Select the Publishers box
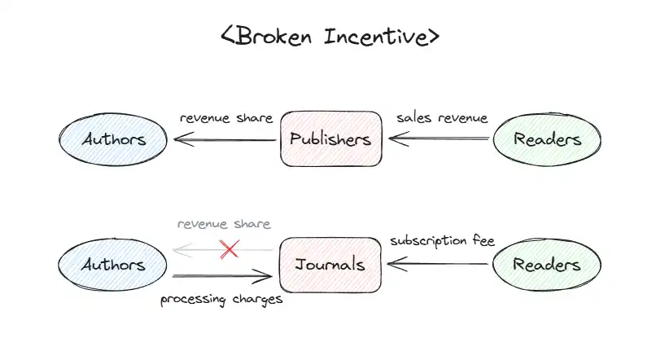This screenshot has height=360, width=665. [x=330, y=138]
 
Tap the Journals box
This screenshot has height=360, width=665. [x=330, y=264]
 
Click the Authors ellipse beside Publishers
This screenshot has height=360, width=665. [x=113, y=138]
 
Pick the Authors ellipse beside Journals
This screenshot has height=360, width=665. [x=113, y=264]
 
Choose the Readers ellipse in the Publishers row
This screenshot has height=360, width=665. [x=547, y=138]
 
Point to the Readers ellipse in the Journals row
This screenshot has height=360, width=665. [x=547, y=264]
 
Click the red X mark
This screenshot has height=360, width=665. [x=230, y=248]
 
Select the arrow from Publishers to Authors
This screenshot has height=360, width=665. [x=224, y=140]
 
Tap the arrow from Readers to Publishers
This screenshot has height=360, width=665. [x=440, y=139]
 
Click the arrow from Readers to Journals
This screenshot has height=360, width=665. [x=440, y=263]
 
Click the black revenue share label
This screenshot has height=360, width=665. [x=225, y=118]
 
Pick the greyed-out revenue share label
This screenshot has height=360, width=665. [x=223, y=224]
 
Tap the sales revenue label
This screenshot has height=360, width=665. [x=442, y=118]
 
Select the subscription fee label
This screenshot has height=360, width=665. [x=442, y=241]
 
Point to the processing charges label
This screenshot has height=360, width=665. [x=221, y=299]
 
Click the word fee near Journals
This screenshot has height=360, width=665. [x=483, y=241]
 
